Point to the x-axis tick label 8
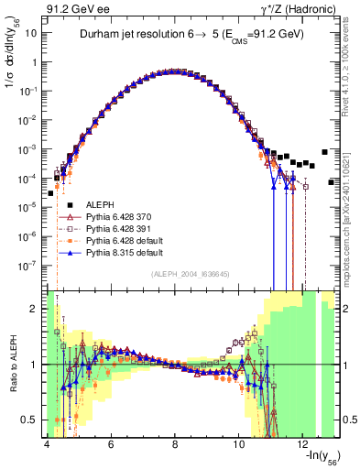[x=175, y=443]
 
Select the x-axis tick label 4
[x=46, y=443]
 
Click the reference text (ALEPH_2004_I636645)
[x=184, y=274]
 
